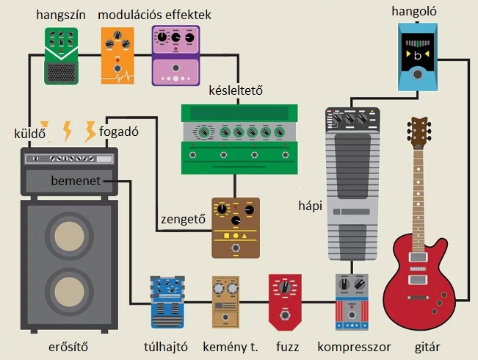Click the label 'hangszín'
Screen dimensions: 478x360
tap(61, 15)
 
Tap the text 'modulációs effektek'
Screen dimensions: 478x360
tap(154, 15)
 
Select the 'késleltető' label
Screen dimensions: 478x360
tap(236, 90)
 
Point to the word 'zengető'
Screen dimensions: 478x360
tap(184, 220)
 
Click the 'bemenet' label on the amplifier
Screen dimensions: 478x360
tap(76, 181)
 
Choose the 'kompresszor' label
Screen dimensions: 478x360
tap(354, 348)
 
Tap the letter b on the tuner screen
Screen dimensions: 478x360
tap(418, 56)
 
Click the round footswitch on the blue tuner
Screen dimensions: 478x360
tap(417, 74)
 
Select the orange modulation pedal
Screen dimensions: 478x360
tap(117, 56)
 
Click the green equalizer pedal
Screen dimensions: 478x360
tap(61, 56)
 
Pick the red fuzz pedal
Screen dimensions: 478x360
tap(285, 303)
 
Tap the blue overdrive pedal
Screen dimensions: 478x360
tap(167, 303)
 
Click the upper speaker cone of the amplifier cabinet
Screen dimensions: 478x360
tap(69, 236)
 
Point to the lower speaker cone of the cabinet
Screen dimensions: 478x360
tap(69, 292)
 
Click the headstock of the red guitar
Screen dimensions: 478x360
tap(419, 132)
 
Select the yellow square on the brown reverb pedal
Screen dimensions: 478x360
tap(226, 236)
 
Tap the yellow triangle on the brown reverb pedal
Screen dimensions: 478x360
tap(245, 236)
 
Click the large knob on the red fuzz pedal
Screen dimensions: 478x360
tap(285, 287)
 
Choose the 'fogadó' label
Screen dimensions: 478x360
tap(119, 132)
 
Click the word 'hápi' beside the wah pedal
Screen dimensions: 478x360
tap(311, 206)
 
